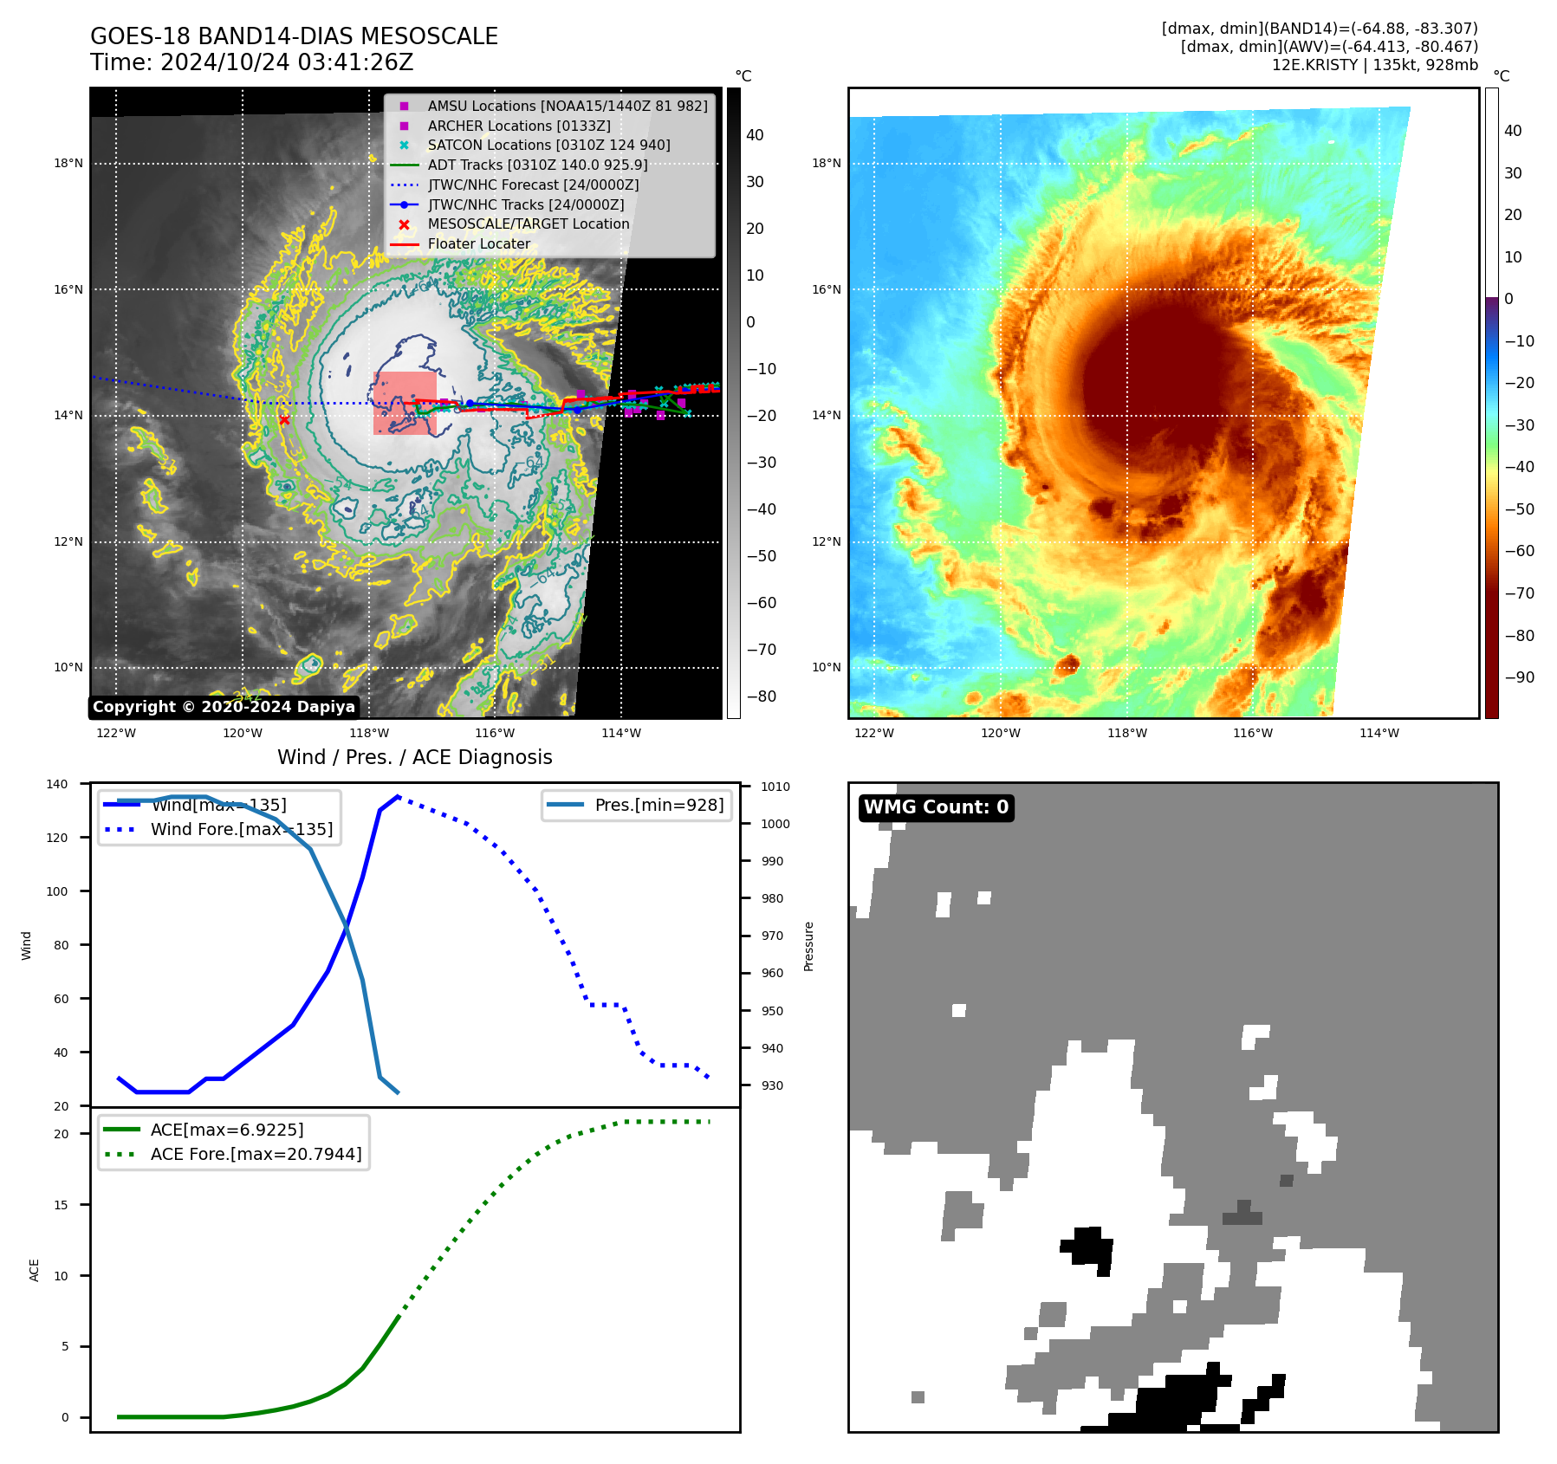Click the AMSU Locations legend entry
(567, 106)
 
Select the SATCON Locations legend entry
(548, 145)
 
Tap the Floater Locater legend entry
(478, 243)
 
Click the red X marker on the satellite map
(284, 420)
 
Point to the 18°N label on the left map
(68, 163)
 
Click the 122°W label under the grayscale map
(116, 733)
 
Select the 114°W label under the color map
(1379, 733)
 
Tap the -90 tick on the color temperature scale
(1519, 677)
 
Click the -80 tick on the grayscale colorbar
(761, 696)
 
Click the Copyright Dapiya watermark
(224, 707)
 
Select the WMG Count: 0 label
(936, 807)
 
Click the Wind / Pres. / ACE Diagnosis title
(414, 757)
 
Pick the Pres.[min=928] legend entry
(658, 805)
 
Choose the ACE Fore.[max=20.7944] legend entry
(256, 1154)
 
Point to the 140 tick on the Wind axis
(57, 784)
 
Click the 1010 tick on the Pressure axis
(775, 787)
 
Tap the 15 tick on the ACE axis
(61, 1205)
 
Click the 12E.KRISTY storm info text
(1374, 65)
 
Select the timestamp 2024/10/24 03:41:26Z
(287, 62)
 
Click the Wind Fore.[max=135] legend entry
(241, 829)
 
